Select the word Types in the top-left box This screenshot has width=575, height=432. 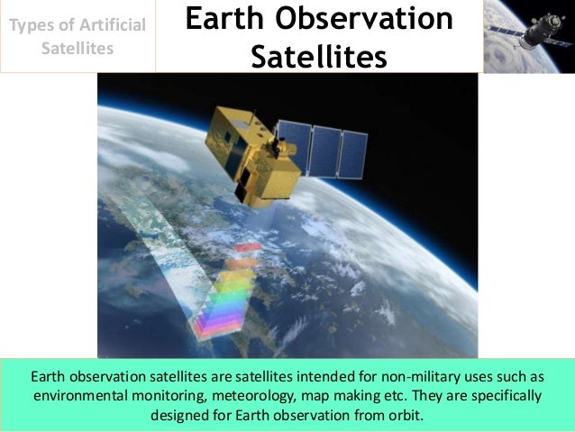33,25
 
